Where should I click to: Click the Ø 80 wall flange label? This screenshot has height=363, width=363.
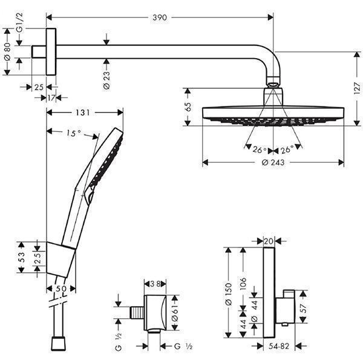tap(7, 58)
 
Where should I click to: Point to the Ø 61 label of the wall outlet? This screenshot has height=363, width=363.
tap(175, 313)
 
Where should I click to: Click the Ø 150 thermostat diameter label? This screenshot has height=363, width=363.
tap(228, 290)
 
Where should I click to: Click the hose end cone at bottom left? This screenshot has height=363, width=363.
tap(59, 344)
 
